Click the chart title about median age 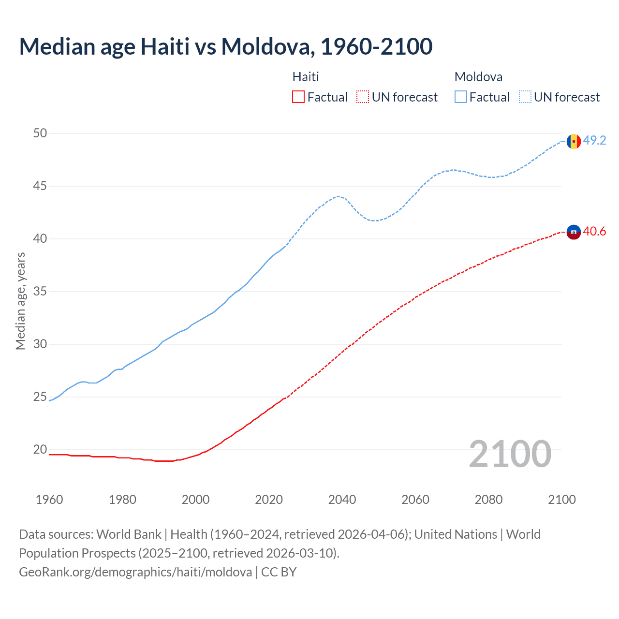pos(225,46)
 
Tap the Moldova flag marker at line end pos(574,141)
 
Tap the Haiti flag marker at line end pos(574,232)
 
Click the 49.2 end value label pos(594,140)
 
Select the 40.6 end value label pos(594,232)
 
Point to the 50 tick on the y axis pos(40,133)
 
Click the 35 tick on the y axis pos(40,291)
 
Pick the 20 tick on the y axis pos(40,449)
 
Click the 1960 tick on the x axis pos(49,500)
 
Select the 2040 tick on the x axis pos(342,500)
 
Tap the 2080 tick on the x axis pos(488,500)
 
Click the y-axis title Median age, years pos(20,301)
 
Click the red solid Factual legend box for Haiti pos(298,97)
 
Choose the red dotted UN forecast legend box pos(363,97)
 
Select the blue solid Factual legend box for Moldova pos(461,97)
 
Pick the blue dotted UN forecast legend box pos(525,97)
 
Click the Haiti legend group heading pos(306,77)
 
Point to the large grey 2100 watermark pos(510,454)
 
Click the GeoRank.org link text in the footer pos(135,572)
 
